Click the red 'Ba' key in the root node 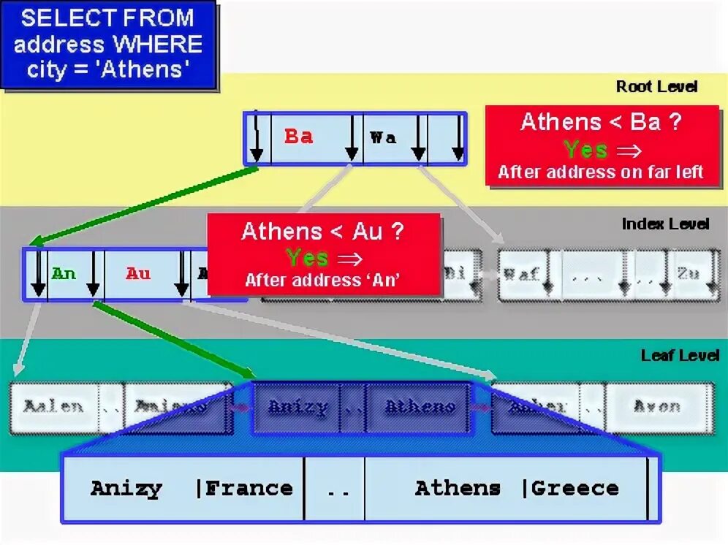click(x=298, y=137)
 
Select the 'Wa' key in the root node click(x=383, y=137)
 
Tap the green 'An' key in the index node click(x=64, y=274)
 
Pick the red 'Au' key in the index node click(x=137, y=274)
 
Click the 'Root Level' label click(x=656, y=86)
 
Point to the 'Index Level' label click(x=665, y=224)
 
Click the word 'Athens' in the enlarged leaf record click(x=458, y=488)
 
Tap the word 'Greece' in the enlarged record click(x=575, y=488)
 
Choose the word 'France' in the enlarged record click(x=249, y=488)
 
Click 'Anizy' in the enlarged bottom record click(x=126, y=488)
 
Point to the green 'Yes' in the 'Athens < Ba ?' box click(x=585, y=150)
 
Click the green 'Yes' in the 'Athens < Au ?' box click(x=308, y=257)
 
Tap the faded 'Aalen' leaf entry click(x=53, y=407)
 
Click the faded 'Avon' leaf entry click(x=657, y=407)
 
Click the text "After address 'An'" click(x=323, y=279)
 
